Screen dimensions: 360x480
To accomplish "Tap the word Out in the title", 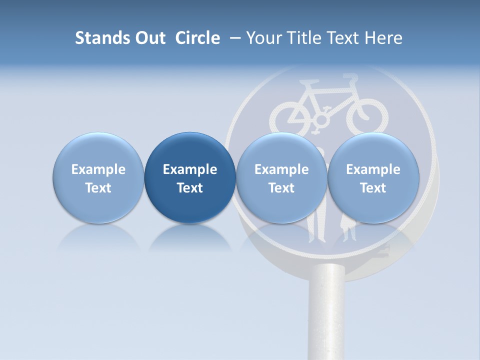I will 148,38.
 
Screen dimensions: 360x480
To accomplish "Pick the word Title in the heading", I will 302,38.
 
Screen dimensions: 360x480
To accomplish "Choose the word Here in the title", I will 382,38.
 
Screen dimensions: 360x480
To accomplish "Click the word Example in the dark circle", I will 190,169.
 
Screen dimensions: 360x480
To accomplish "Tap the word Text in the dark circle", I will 190,188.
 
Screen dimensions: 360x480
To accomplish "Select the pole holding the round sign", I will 326,315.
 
